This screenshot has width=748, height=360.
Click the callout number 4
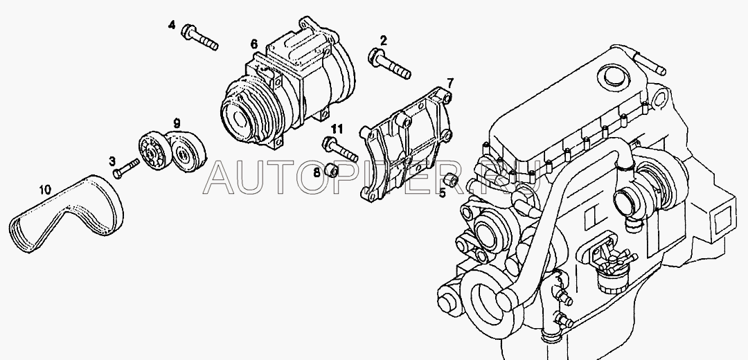(172, 26)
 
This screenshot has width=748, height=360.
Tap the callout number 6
(254, 44)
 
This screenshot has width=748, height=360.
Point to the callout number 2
(383, 39)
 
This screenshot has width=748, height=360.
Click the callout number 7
(450, 83)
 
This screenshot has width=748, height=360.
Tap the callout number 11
(337, 129)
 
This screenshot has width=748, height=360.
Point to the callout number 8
(317, 171)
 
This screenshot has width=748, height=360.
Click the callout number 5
(443, 192)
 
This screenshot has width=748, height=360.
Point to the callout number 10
(45, 188)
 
